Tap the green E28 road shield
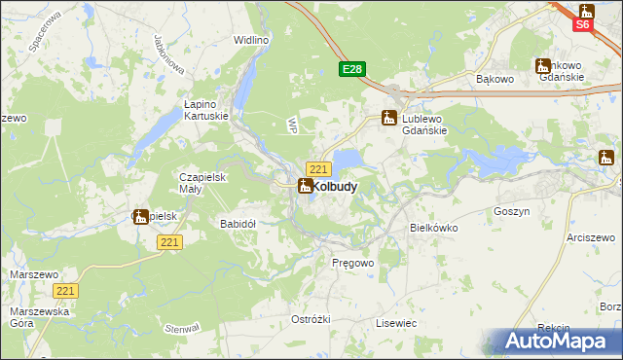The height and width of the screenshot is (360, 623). tap(352, 69)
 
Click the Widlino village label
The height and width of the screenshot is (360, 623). tap(251, 41)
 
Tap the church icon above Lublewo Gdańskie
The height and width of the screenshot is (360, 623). tap(388, 118)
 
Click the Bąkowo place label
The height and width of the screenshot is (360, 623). tap(494, 78)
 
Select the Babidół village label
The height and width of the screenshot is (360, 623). tap(238, 224)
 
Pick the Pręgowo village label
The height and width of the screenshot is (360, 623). tap(352, 264)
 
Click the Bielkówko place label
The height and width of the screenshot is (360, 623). tap(434, 228)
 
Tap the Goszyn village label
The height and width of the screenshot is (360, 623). tap(511, 211)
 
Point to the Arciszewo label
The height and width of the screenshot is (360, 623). tap(592, 237)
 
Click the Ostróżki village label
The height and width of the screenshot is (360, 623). tap(311, 320)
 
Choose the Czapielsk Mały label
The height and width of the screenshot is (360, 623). tap(202, 183)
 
